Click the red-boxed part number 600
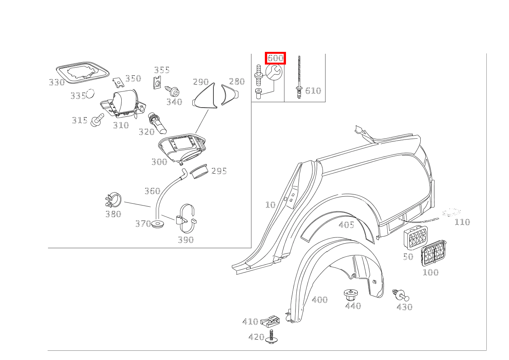(276, 58)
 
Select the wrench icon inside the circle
(274, 72)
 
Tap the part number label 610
(313, 91)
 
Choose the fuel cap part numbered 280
(229, 95)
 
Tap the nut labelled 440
(351, 295)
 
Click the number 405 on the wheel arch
(346, 225)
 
